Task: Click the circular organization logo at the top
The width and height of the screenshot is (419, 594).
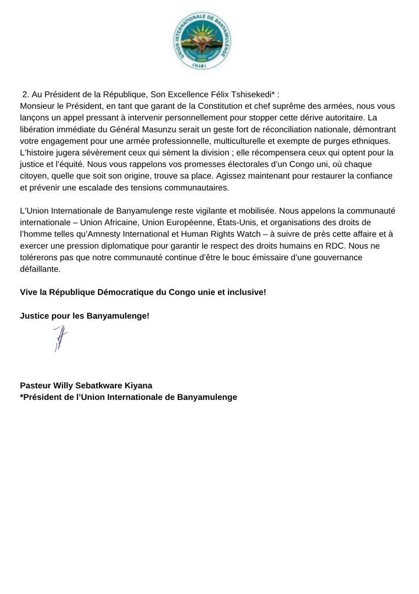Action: click(202, 41)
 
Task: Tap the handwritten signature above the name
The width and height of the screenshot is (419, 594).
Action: click(60, 338)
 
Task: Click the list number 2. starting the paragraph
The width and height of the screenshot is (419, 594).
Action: click(25, 94)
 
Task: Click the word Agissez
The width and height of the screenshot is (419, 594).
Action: click(233, 175)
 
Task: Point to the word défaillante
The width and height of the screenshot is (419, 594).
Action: click(40, 269)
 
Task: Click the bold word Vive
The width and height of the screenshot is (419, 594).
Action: click(29, 292)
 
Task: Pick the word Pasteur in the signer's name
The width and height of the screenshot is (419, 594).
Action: click(36, 386)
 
